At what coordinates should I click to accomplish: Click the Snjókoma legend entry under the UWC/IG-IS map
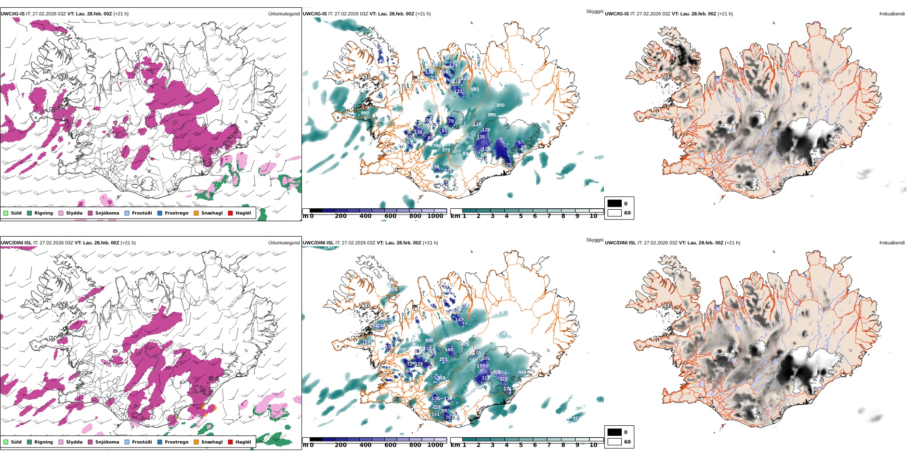107,213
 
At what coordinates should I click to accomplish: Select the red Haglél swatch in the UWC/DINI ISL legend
230,442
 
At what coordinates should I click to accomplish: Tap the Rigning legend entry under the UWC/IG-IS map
43,213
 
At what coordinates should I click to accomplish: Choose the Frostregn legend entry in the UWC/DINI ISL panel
176,442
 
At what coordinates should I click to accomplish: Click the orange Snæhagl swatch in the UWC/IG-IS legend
196,213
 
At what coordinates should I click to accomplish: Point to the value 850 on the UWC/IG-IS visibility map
500,105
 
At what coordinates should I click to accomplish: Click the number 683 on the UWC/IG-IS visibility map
475,89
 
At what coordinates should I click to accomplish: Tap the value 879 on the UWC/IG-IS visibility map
446,150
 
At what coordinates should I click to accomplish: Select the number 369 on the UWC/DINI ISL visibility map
441,378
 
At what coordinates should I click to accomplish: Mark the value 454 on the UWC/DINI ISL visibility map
522,372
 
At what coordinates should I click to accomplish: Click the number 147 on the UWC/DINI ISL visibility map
459,319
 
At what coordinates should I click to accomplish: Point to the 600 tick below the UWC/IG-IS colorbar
391,216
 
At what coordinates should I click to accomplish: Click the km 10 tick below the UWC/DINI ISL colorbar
593,445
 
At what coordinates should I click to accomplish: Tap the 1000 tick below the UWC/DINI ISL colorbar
435,445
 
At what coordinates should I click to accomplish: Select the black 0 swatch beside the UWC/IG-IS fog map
614,203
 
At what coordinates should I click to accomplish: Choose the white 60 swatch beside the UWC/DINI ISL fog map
614,442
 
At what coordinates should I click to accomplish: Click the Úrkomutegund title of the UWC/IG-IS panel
284,14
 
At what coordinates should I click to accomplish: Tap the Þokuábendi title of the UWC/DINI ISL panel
892,243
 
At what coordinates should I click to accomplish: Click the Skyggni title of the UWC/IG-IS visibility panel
594,12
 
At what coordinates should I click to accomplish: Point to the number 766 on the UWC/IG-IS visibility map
437,146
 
